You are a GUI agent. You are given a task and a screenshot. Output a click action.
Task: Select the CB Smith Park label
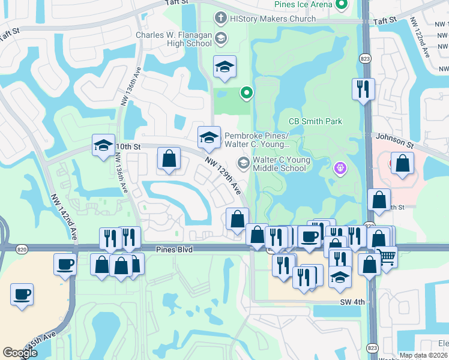point(315,121)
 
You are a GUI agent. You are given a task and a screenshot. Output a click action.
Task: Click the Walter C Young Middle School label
point(281,164)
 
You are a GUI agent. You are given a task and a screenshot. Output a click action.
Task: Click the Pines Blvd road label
point(174,249)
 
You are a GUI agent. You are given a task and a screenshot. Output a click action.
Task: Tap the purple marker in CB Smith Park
point(340,169)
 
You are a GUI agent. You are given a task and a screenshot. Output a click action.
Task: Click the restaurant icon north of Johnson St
point(363,89)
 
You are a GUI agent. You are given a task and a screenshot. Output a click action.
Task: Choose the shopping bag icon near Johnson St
point(402,163)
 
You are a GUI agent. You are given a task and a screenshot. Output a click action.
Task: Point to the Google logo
point(20,353)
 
